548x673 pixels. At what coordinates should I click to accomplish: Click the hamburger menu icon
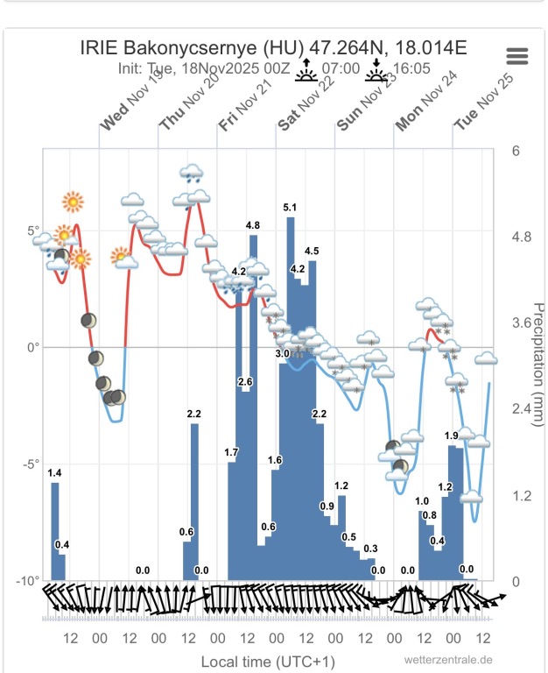tap(517, 57)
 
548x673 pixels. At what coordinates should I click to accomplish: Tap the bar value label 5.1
tap(291, 208)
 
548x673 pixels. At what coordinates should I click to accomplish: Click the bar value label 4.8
tap(253, 226)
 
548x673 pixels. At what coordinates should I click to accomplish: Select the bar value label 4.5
tap(312, 252)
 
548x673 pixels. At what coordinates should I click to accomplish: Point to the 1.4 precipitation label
tap(54, 473)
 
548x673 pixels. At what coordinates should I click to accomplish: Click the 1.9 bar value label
tap(452, 436)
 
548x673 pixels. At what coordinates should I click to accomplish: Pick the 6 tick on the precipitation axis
tap(516, 151)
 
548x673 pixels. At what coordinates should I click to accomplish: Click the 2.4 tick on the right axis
tap(522, 409)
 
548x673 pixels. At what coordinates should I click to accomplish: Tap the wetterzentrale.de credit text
tap(448, 660)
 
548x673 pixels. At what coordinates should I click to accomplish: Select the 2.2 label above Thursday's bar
tap(194, 414)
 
